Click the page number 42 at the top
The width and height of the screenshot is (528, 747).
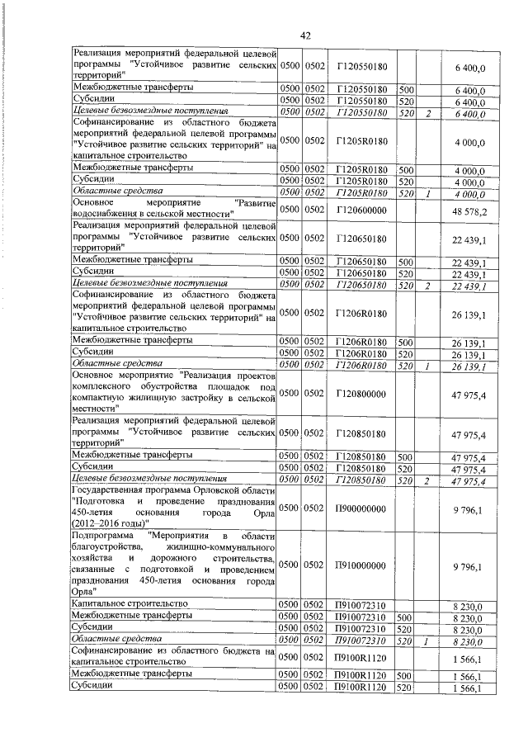point(304,35)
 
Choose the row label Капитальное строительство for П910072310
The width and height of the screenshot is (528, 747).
point(130,605)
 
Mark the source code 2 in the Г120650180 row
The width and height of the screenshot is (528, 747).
point(429,286)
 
